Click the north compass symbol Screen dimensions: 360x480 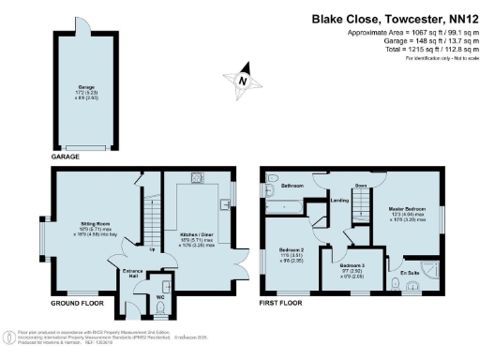[x=243, y=82]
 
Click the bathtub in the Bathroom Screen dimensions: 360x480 [x=291, y=199]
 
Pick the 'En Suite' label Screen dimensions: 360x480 [x=409, y=273]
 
